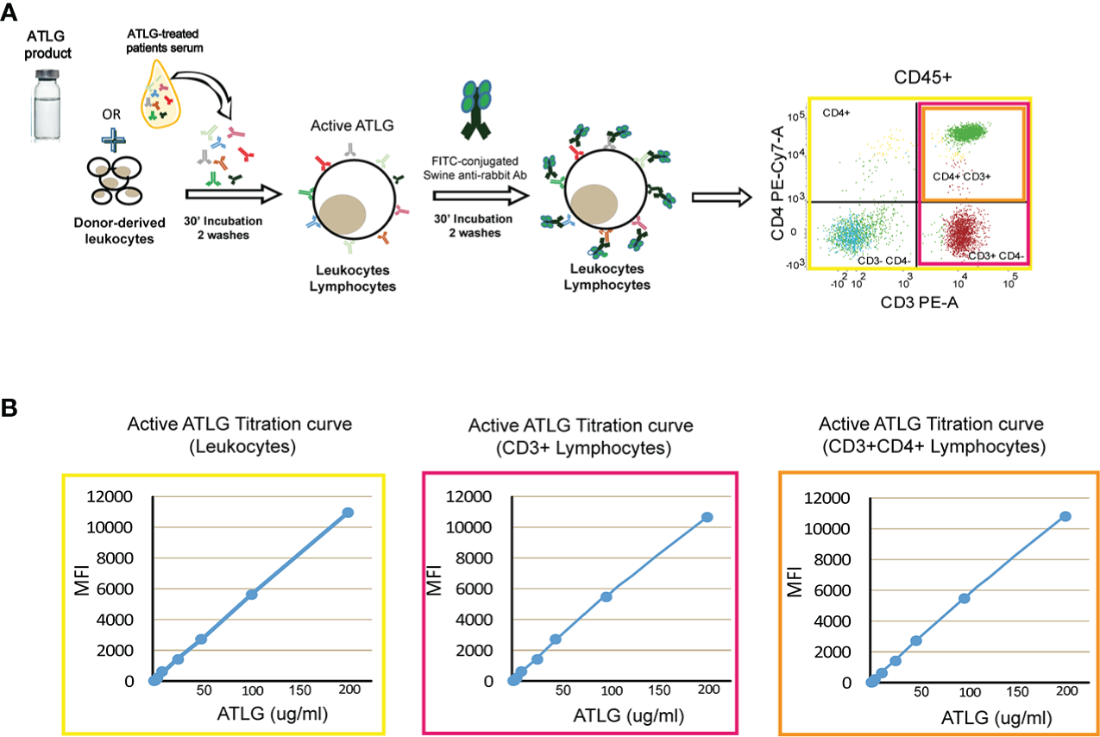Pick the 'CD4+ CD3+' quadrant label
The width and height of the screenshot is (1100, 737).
point(960,176)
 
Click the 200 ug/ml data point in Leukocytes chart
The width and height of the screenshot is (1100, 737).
point(348,512)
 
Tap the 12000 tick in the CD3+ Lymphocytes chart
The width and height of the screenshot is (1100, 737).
point(475,496)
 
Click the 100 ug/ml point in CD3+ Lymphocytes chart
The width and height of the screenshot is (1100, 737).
point(607,596)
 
